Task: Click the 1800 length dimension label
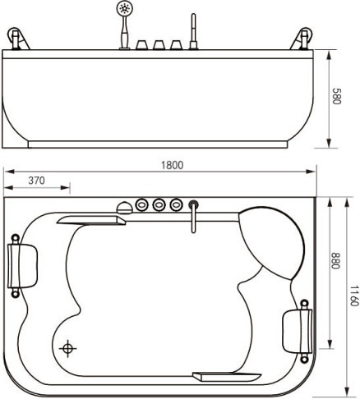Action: (x=172, y=165)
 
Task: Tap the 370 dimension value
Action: (x=36, y=181)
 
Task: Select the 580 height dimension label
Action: (x=336, y=96)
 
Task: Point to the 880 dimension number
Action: (x=335, y=260)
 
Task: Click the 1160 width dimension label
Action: (x=354, y=296)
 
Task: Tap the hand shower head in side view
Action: (x=124, y=7)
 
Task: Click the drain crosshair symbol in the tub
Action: (x=67, y=348)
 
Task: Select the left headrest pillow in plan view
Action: (x=22, y=266)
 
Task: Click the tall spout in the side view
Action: (x=193, y=31)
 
